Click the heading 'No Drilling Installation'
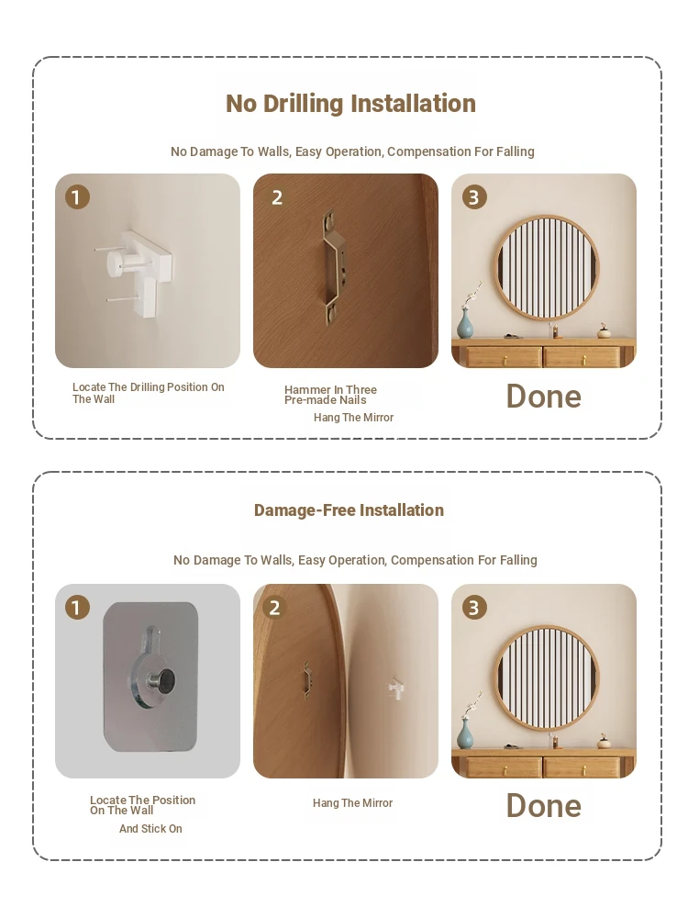(x=350, y=104)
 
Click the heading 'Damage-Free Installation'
(x=349, y=509)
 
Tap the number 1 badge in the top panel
(x=77, y=196)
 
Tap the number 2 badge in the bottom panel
(x=275, y=608)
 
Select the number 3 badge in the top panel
(x=474, y=197)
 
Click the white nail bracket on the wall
(x=138, y=270)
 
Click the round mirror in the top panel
(x=547, y=267)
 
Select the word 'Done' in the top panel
(x=543, y=397)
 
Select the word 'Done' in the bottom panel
(x=543, y=806)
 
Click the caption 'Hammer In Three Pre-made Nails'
(x=330, y=395)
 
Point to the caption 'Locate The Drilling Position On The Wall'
(x=148, y=393)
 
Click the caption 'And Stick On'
(x=150, y=828)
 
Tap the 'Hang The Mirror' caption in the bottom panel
(x=353, y=803)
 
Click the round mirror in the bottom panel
(x=547, y=678)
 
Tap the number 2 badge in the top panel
(x=277, y=197)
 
